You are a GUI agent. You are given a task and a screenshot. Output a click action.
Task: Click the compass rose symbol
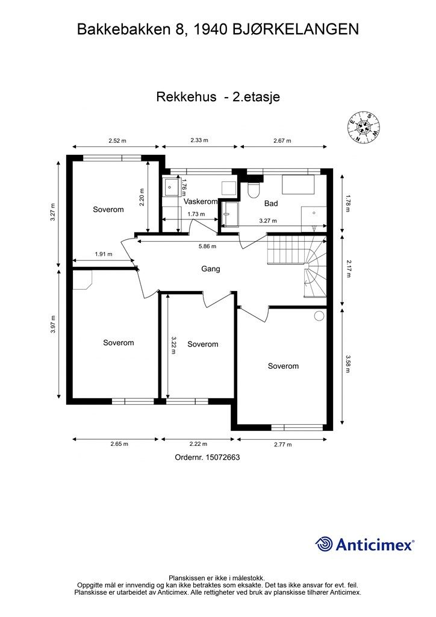(364, 127)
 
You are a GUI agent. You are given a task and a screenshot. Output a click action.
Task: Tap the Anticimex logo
(365, 544)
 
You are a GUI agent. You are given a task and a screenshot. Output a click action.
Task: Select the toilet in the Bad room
(254, 190)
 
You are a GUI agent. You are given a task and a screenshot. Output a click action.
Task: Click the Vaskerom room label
(201, 202)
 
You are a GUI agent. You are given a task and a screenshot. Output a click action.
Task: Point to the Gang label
(210, 269)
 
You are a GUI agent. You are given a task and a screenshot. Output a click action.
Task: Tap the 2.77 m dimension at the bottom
(281, 445)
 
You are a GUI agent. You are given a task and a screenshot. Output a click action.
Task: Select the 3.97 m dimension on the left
(54, 326)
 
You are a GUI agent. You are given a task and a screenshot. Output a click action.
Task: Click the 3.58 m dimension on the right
(348, 364)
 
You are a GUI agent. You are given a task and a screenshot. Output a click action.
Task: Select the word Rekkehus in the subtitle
(186, 96)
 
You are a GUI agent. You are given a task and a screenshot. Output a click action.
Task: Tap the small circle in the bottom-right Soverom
(319, 315)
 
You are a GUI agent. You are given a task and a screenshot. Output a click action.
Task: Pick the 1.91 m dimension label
(103, 254)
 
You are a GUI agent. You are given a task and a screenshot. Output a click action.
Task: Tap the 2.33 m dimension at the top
(199, 140)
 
